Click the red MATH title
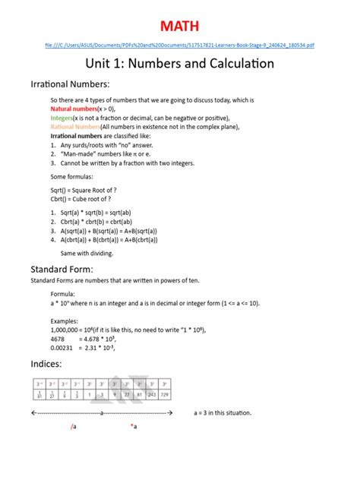180,27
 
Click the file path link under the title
180,45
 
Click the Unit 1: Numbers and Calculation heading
180,65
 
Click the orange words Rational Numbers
74,128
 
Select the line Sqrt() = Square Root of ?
84,190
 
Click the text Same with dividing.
87,252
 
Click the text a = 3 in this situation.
223,413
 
